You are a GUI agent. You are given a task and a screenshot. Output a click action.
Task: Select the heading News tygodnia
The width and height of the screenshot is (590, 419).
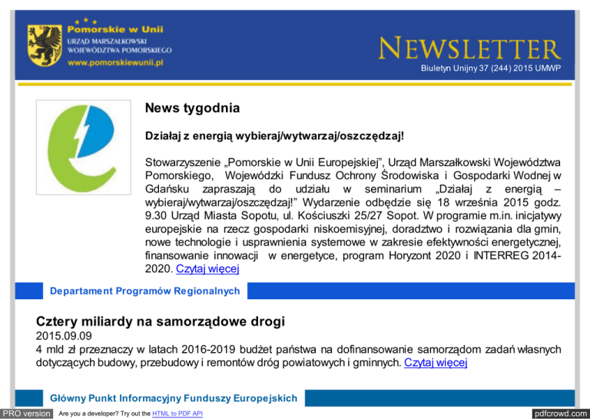[192, 110]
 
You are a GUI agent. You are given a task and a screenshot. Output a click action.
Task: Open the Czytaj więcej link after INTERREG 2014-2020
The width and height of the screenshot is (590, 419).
[207, 269]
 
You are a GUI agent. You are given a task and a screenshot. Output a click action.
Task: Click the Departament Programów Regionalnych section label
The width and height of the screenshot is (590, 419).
[144, 291]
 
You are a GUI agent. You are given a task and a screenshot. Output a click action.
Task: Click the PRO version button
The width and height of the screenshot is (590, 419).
[27, 414]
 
